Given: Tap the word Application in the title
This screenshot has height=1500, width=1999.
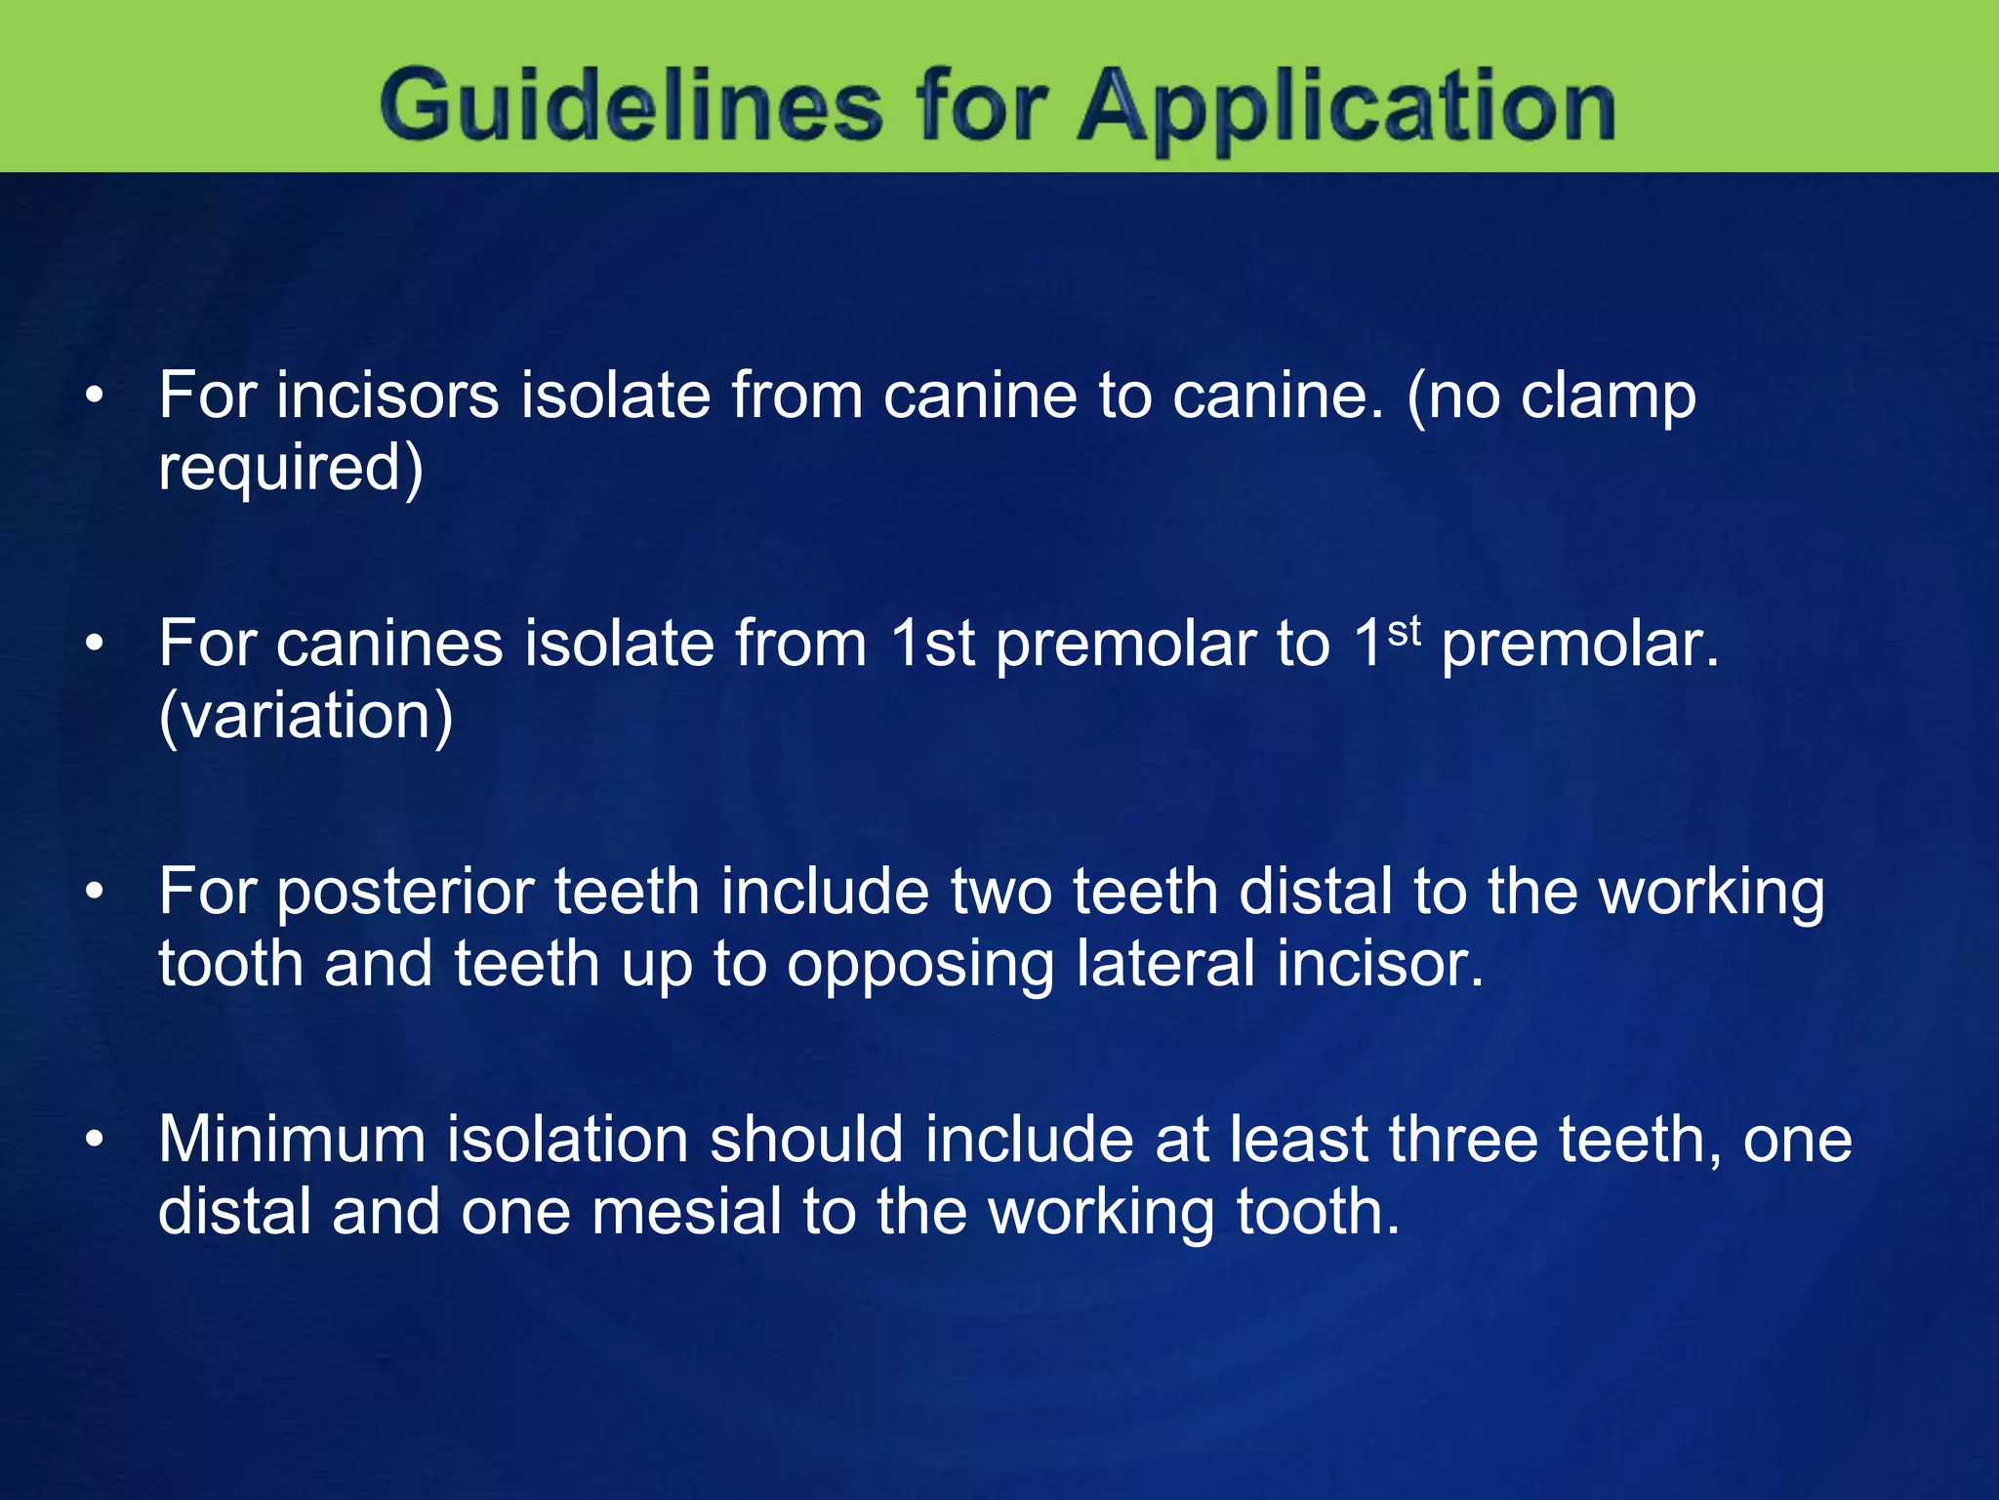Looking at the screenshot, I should (1346, 107).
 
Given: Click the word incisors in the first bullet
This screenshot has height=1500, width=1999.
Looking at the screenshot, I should (387, 396).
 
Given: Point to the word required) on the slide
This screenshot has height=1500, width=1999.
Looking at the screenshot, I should (291, 468).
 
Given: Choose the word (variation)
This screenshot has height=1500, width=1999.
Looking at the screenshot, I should (306, 716).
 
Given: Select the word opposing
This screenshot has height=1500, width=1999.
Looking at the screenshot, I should (920, 965).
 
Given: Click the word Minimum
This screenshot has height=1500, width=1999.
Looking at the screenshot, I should (292, 1140).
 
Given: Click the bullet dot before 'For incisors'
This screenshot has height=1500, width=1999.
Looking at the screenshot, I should (94, 396).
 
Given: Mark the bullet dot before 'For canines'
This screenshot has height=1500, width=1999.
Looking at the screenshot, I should (94, 645).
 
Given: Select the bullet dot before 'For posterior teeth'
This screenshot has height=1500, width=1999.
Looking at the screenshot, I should (94, 893).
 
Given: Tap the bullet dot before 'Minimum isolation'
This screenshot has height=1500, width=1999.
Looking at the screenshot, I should (94, 1141).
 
